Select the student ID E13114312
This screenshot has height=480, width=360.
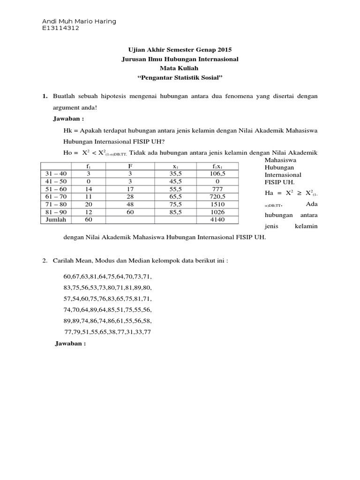60,28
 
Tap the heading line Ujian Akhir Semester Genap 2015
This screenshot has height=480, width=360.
180,49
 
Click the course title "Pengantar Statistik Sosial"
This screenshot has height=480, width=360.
180,77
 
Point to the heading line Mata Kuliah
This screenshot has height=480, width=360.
180,68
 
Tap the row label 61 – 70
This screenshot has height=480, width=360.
56,197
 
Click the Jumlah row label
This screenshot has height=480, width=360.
56,219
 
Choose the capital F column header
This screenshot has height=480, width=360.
131,166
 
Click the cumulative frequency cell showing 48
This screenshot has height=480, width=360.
131,204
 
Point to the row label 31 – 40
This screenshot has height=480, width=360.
56,173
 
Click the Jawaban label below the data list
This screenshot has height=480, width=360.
71,343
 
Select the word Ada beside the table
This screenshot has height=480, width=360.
312,203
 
